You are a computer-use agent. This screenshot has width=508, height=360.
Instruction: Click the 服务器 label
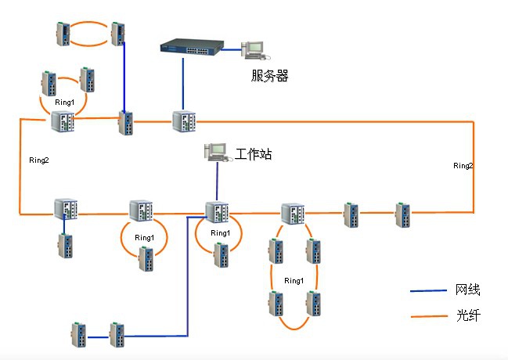[270, 76]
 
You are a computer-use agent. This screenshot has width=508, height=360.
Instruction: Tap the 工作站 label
[254, 155]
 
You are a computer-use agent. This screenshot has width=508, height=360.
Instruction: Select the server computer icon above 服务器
[255, 49]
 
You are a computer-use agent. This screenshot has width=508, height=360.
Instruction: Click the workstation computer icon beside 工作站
[214, 152]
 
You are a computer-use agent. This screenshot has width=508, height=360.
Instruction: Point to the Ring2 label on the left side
[39, 160]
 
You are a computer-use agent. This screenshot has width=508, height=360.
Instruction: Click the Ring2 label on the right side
[463, 166]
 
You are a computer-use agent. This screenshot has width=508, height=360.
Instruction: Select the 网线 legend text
[467, 290]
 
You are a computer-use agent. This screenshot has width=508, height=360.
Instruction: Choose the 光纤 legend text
[467, 316]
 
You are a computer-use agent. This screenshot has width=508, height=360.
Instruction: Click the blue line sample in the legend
[427, 291]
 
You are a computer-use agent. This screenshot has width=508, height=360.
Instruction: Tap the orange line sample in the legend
[427, 317]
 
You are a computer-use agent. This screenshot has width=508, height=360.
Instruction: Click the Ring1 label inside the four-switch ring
[294, 280]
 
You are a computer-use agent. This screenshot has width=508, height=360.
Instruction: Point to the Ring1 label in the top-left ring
[64, 102]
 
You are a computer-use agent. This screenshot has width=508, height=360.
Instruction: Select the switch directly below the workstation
[216, 212]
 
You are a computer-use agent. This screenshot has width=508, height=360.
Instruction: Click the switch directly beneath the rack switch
[185, 122]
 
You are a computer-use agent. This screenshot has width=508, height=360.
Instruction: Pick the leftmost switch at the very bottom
[78, 334]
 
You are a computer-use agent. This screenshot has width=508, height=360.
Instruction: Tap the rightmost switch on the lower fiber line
[402, 213]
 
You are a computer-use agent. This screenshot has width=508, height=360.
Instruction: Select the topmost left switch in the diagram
[63, 34]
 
